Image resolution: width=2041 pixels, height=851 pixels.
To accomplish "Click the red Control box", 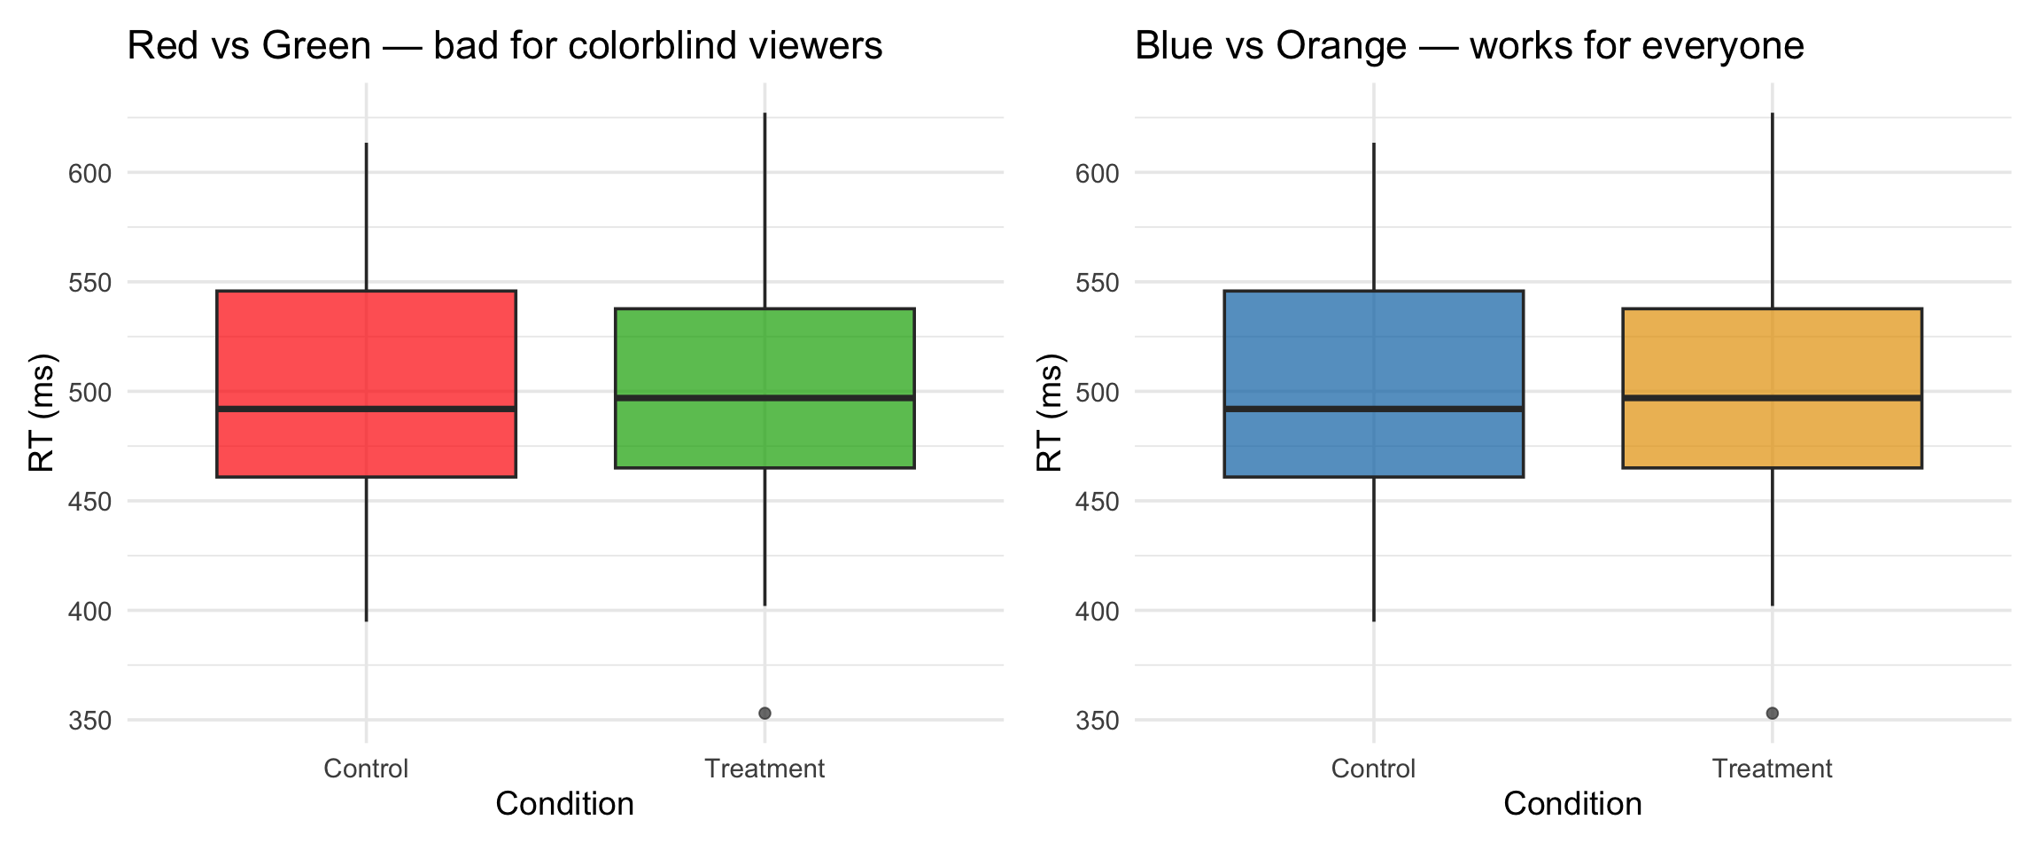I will pyautogui.click(x=366, y=355).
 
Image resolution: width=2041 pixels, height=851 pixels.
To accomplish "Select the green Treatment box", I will pyautogui.click(x=764, y=355).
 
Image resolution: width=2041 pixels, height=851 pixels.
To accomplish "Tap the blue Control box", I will pyautogui.click(x=1373, y=355).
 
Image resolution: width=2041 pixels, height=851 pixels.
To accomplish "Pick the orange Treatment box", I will pyautogui.click(x=1772, y=355).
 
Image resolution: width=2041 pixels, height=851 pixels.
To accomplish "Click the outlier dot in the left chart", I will pyautogui.click(x=764, y=713).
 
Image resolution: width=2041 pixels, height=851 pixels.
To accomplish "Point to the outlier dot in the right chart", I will pyautogui.click(x=1772, y=713).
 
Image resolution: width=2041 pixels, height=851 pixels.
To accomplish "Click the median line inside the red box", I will pyautogui.click(x=366, y=409).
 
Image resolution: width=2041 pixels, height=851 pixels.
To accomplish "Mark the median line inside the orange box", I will pyautogui.click(x=1772, y=398).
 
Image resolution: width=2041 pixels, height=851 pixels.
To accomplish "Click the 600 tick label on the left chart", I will pyautogui.click(x=90, y=173).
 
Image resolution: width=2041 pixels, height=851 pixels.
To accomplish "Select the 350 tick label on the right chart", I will pyautogui.click(x=1098, y=721).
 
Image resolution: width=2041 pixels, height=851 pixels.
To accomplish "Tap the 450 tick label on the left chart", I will pyautogui.click(x=90, y=502).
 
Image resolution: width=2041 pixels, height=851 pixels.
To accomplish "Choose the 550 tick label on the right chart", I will pyautogui.click(x=1098, y=283).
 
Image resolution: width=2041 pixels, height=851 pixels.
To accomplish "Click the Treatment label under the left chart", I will pyautogui.click(x=764, y=769).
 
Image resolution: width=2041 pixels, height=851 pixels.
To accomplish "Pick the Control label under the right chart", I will pyautogui.click(x=1373, y=769).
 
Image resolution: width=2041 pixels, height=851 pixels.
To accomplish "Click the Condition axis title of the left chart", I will pyautogui.click(x=564, y=804).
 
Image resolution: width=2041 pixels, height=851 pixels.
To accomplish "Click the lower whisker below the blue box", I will pyautogui.click(x=1373, y=550).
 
